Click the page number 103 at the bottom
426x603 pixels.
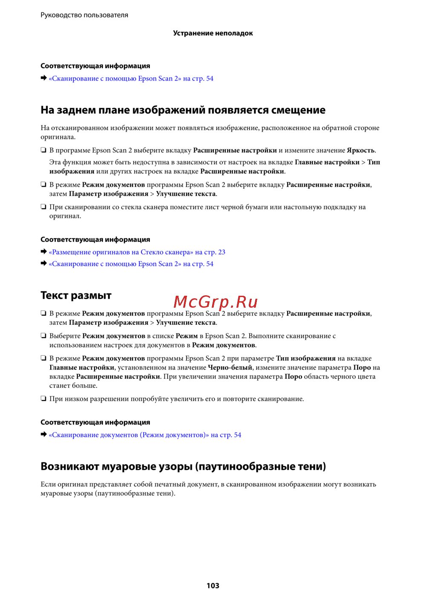pos(213,586)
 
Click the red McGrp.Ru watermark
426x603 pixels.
pos(216,302)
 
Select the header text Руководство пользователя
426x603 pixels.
pos(84,15)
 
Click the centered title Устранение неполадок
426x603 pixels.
pos(213,33)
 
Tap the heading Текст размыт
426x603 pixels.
pos(76,295)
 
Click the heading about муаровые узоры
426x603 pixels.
pos(183,466)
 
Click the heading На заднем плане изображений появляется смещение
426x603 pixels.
pos(183,110)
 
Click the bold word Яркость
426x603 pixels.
pos(360,150)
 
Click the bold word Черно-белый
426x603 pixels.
pos(230,367)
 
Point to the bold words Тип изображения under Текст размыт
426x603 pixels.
pos(305,358)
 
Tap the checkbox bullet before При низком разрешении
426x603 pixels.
pos(43,399)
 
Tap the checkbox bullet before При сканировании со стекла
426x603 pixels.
pos(43,207)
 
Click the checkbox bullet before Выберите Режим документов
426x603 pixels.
pos(43,336)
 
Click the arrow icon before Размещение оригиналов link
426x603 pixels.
pos(43,252)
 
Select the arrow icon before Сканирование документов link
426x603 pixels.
pos(43,435)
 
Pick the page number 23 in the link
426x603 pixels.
pos(222,252)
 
